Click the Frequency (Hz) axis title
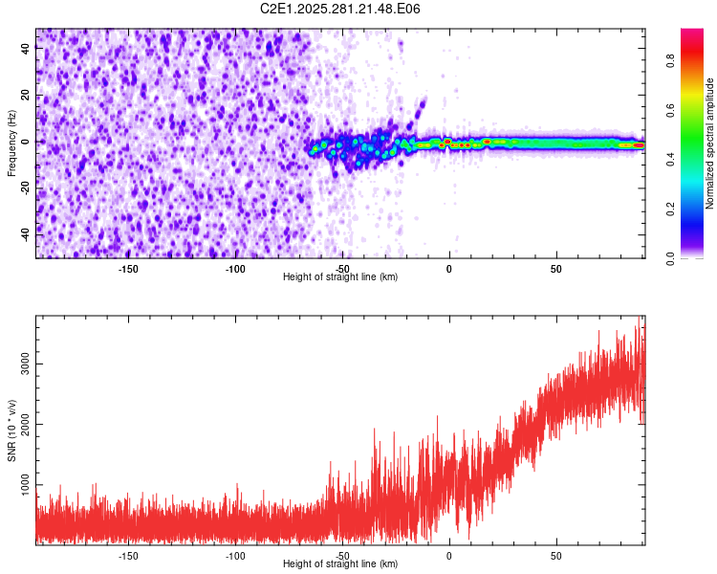click(11, 143)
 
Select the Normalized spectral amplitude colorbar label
click(710, 143)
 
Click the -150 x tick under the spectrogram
click(128, 269)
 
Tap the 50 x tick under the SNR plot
click(555, 556)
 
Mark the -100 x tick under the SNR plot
click(235, 556)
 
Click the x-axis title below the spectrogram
click(341, 277)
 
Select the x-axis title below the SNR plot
click(341, 564)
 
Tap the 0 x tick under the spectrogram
click(449, 269)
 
